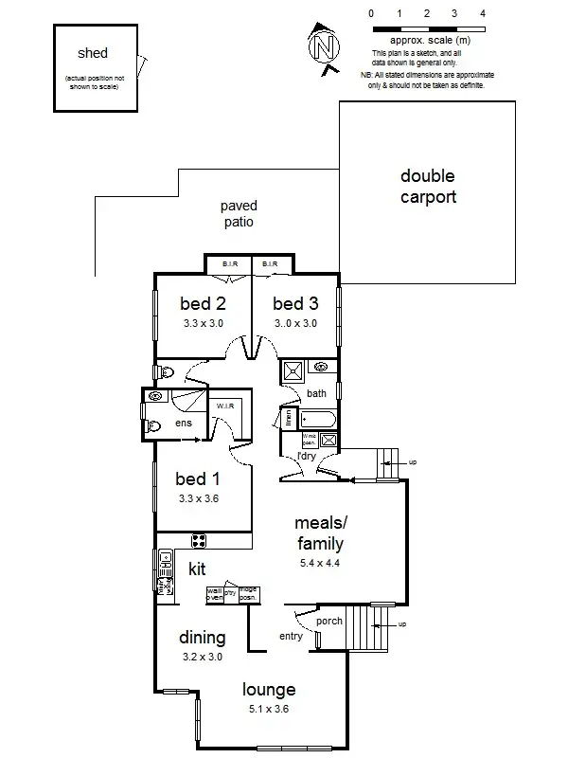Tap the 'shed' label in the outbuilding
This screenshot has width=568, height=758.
[x=93, y=54]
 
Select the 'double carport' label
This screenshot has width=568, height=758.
[x=427, y=187]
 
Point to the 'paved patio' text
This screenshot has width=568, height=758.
[x=239, y=214]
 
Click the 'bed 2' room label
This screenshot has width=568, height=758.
[x=203, y=304]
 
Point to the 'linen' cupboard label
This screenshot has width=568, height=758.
[x=284, y=418]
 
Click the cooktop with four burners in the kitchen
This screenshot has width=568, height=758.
[x=200, y=541]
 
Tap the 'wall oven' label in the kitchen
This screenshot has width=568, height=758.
[x=215, y=594]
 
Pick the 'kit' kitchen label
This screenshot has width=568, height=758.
[x=197, y=569]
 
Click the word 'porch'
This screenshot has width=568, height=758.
[x=328, y=622]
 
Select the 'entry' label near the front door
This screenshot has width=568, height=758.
[x=291, y=636]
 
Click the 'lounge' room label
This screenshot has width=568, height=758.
[x=269, y=690]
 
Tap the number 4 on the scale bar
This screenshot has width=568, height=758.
[x=483, y=14]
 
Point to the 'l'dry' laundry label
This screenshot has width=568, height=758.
[x=306, y=457]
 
